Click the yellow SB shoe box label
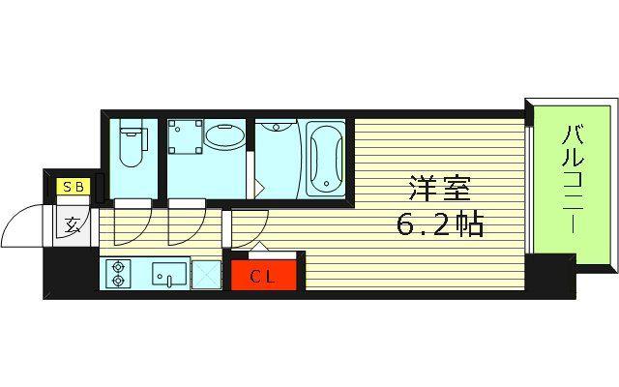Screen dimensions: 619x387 pos(74,187)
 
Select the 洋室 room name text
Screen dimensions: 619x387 pos(440,189)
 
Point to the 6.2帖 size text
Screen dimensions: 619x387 pos(439,224)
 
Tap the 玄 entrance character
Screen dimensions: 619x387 pos(73,224)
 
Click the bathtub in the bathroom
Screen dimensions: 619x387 pos(326,159)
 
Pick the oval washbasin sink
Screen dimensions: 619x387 pos(225,137)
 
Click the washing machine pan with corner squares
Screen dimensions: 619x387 pos(186,136)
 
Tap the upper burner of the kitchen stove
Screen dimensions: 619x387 pos(118,267)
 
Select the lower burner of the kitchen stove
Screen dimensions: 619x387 pos(118,281)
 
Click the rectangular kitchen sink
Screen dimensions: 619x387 pos(169,274)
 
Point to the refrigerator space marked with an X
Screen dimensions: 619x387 pos(206,274)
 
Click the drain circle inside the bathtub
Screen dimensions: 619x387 pos(326,184)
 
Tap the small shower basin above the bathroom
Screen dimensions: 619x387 pos(277,127)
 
